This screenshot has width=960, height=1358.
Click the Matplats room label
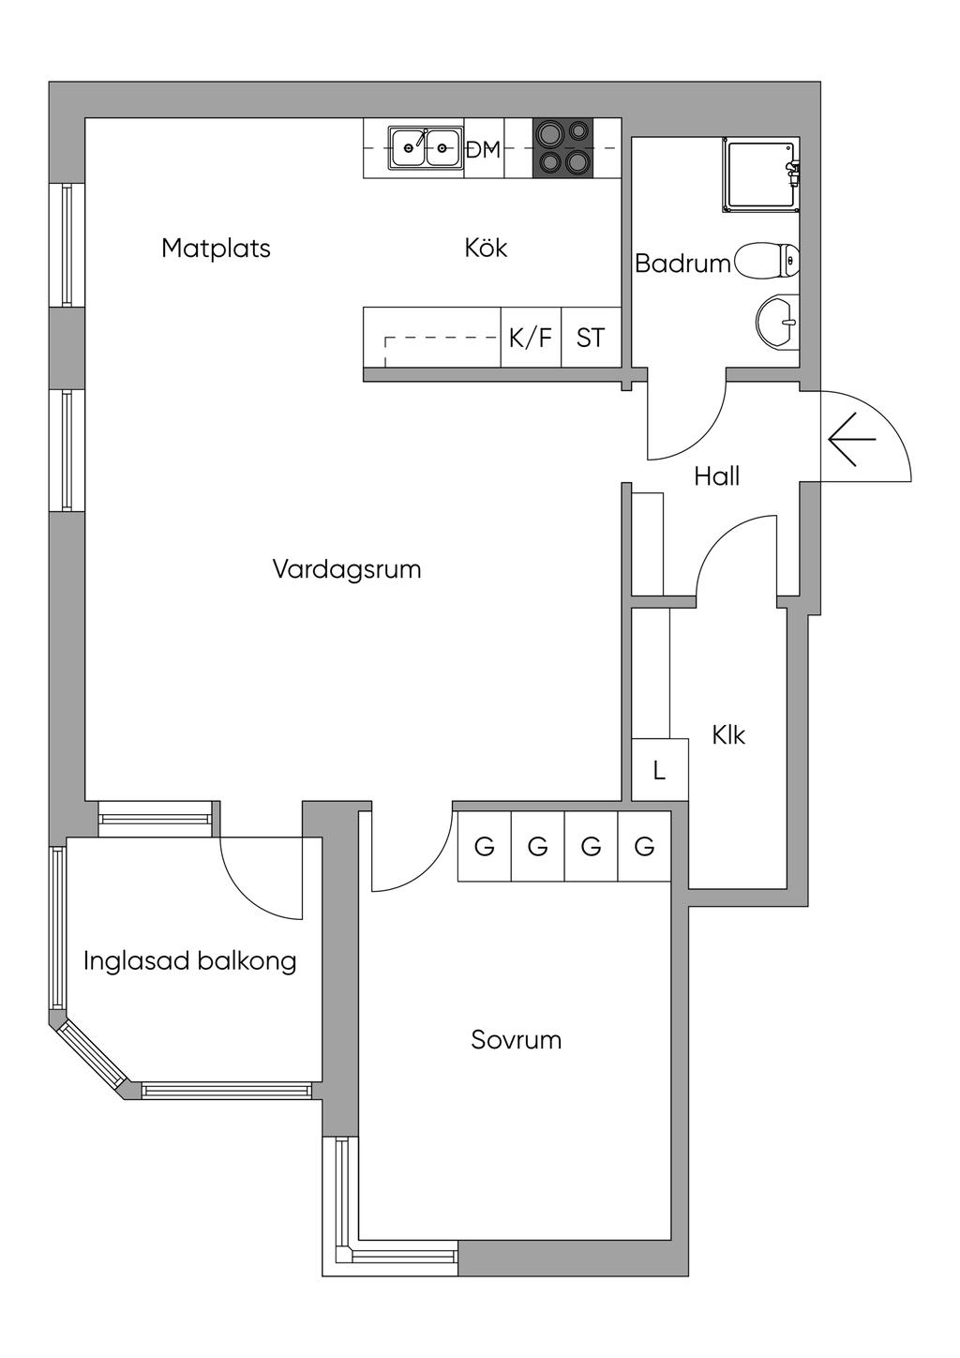point(216,249)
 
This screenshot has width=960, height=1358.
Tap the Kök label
point(486,249)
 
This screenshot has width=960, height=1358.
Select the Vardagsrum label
point(347,569)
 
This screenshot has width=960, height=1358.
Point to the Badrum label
point(682,264)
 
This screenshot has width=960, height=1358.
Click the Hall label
point(717,476)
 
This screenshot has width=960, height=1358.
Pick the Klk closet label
point(728,735)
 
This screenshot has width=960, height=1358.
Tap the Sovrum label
point(517,1040)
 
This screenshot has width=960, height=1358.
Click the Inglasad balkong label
point(190,961)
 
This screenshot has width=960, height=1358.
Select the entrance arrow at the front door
point(851,439)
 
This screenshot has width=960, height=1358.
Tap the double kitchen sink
point(426,147)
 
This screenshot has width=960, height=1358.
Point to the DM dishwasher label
point(484,149)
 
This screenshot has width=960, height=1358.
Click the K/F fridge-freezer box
point(531,338)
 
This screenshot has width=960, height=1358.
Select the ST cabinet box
point(591,338)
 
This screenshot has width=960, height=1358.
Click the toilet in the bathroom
point(769,262)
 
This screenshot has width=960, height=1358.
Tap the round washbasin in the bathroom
point(778,322)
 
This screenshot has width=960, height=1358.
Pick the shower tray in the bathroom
point(759,175)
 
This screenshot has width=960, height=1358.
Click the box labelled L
point(660,771)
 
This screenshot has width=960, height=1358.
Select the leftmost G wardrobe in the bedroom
point(485,847)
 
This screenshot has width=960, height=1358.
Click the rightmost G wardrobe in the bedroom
point(645,847)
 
